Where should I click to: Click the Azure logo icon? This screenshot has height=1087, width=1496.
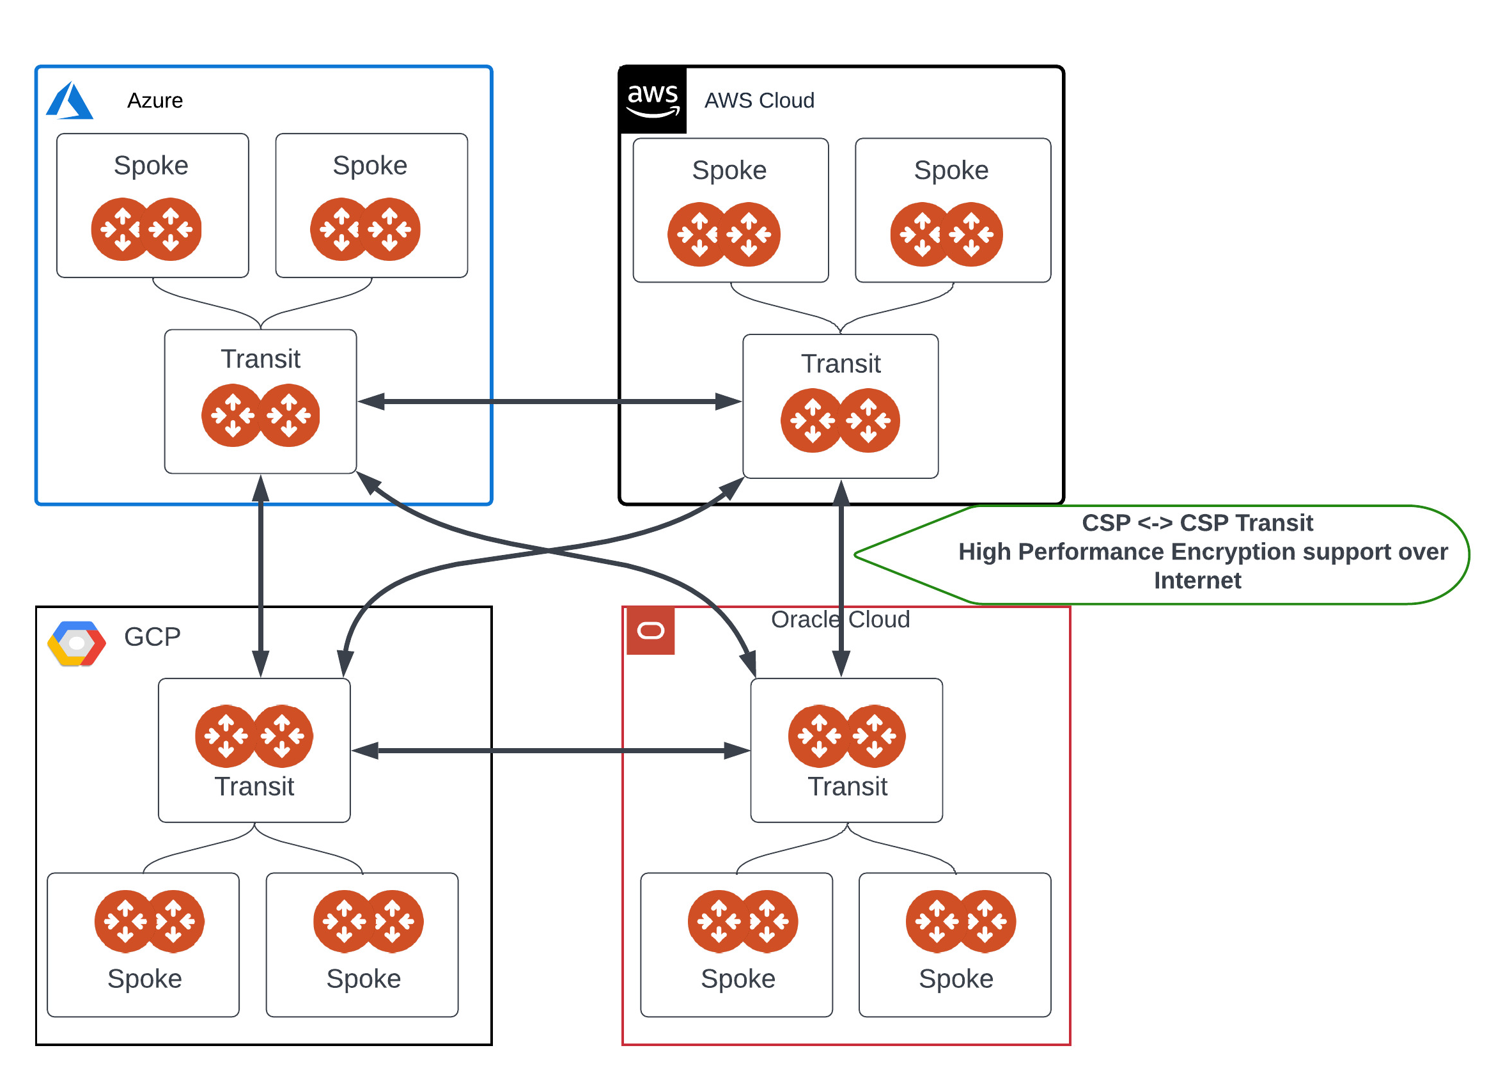click(x=70, y=101)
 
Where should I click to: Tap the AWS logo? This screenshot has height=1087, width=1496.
click(x=652, y=100)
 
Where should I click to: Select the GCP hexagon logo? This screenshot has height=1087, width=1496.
click(x=77, y=643)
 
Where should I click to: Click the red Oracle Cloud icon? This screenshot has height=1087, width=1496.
click(x=650, y=631)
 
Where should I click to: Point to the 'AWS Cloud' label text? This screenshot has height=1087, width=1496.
click(x=760, y=100)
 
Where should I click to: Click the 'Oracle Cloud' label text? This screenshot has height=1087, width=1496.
click(x=840, y=620)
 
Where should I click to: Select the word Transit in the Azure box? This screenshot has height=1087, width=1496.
click(x=260, y=359)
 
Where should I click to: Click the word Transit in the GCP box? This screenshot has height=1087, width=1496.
click(x=254, y=786)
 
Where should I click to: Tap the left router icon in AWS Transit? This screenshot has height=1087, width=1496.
click(x=812, y=420)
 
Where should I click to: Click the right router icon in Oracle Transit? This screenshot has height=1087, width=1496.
click(x=875, y=735)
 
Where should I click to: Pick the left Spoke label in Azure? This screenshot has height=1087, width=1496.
click(x=151, y=165)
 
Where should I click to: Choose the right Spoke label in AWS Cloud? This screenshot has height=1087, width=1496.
click(x=951, y=170)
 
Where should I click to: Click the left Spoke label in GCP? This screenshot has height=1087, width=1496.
click(x=144, y=978)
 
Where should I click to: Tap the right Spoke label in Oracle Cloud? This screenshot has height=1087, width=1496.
click(x=956, y=978)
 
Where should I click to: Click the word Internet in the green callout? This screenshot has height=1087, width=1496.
click(x=1197, y=581)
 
